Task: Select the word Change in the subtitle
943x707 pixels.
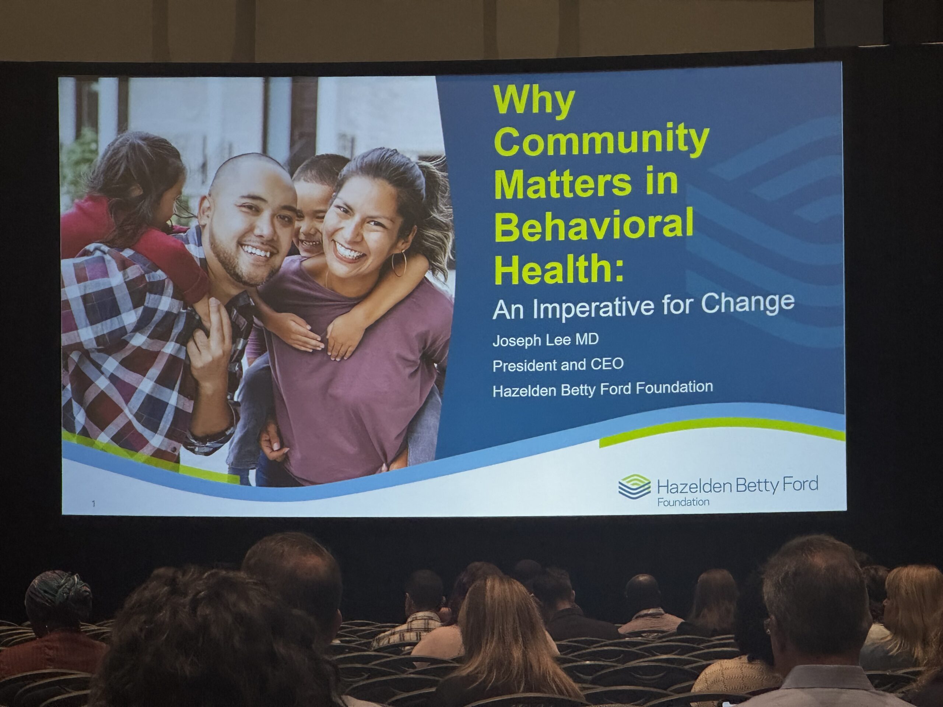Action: [x=748, y=303]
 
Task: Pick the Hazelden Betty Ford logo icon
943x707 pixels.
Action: [x=634, y=486]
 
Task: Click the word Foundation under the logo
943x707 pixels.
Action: [x=683, y=502]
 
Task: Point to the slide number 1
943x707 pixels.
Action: [x=93, y=504]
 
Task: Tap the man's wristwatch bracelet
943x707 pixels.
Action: [x=215, y=428]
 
